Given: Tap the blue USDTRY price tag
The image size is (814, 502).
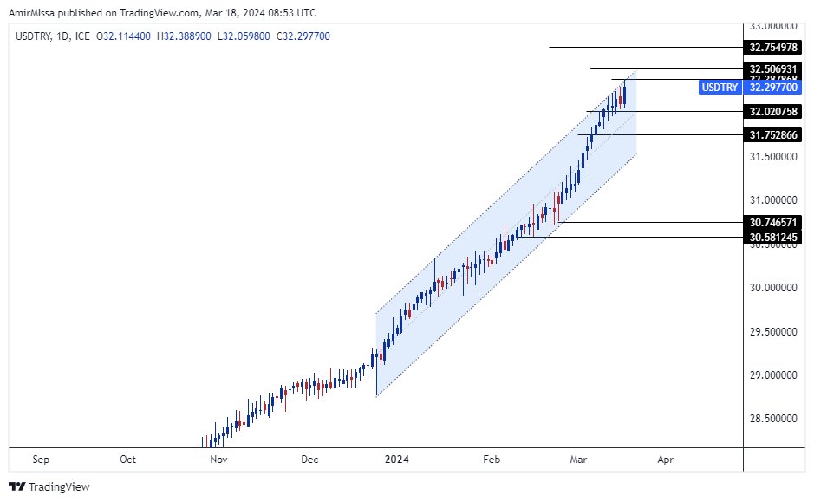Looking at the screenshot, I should pos(720,88).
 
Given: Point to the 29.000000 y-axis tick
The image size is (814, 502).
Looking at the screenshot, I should pos(774,375).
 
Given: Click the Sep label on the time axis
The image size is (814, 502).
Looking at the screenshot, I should pos(39,460).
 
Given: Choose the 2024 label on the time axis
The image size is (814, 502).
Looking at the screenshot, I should pos(398,460).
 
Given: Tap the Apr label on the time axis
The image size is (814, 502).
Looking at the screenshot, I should pos(665,460).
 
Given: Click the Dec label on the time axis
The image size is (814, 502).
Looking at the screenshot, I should pos(309,460).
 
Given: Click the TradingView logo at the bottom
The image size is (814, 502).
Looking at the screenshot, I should pos(49,487).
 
